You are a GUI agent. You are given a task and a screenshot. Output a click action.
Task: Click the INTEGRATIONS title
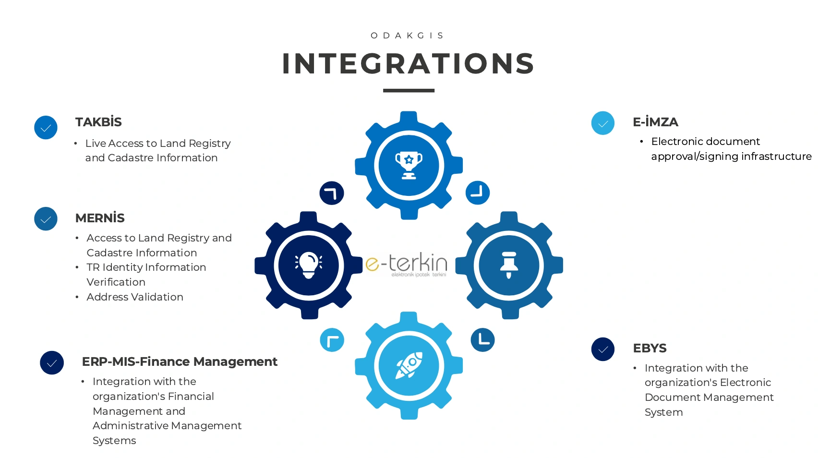pos(409,63)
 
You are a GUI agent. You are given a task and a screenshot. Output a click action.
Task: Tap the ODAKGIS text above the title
pos(408,36)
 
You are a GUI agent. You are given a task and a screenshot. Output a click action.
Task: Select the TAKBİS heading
pos(98,122)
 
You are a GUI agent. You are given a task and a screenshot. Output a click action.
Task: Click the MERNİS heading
pos(100,218)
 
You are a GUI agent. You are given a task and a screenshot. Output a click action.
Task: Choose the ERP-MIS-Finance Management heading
pos(180,362)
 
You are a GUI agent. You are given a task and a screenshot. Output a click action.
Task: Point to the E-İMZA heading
pos(655,122)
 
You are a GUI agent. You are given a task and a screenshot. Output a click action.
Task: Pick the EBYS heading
pos(650,348)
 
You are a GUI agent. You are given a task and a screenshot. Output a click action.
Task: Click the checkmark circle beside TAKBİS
pos(46,128)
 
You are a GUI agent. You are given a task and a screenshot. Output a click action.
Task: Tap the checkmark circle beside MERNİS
pos(46,219)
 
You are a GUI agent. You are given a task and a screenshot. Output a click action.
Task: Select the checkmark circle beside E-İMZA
pos(603,123)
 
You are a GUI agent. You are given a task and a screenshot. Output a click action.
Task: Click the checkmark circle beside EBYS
pos(603,349)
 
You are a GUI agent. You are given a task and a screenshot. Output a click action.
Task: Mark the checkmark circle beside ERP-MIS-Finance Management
pos(52,363)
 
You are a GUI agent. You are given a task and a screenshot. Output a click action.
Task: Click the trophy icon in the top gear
pos(409,165)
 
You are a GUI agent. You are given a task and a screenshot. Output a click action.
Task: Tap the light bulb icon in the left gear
pos(308,265)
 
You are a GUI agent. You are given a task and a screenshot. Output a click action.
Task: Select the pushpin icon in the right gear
pos(509,265)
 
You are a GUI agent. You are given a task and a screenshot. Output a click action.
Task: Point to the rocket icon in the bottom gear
pos(409,365)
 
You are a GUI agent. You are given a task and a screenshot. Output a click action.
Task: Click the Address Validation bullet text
pos(135,297)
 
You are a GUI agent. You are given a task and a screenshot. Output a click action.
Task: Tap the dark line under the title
pos(409,90)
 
